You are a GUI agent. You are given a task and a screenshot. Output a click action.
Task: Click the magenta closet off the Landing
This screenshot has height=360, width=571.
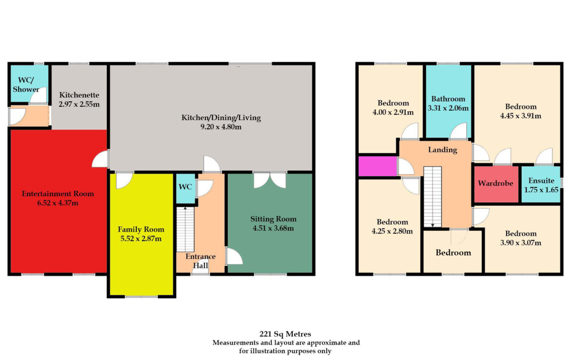coord(378,166)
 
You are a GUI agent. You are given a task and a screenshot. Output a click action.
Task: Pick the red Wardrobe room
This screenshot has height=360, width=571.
coord(496,184)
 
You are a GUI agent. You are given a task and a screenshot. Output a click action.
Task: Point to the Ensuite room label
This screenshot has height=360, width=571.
coord(541,180)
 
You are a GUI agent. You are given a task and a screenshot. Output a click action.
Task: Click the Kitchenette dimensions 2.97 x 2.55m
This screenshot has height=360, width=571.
coord(79,104)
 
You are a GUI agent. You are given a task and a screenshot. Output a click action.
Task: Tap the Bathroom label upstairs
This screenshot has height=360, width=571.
coord(449,99)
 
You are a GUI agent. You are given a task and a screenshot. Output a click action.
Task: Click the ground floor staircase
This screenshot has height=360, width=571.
coord(186,229)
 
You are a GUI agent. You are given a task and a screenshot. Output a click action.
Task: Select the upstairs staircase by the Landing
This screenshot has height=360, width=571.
coord(432,197)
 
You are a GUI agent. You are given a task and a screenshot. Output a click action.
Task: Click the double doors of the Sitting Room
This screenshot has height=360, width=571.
coord(270,180)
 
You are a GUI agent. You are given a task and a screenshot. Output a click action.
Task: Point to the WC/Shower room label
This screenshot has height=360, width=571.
coord(26,84)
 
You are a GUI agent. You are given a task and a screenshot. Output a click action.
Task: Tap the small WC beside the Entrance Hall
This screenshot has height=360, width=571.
coord(186,188)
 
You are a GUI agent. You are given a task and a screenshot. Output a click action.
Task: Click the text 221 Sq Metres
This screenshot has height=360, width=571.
coord(285,334)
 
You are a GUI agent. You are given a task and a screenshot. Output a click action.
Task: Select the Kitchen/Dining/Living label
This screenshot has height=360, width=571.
coord(221,118)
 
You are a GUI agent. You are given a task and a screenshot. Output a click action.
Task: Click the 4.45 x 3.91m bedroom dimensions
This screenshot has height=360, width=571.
coord(521,116)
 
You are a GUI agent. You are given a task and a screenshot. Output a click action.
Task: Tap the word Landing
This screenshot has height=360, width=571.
coord(443,150)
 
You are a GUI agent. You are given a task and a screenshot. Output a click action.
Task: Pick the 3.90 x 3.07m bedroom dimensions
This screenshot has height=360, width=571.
coord(521,243)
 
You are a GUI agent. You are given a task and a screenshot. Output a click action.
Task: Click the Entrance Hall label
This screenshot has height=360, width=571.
coord(201,261)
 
